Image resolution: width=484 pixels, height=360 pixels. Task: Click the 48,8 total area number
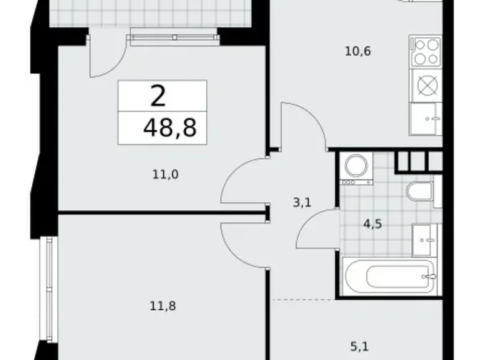point(169,128)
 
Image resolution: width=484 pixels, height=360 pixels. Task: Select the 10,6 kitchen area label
point(357,52)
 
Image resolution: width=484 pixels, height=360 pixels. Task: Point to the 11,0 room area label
point(165,174)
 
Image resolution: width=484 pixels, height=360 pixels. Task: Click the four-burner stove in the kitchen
point(426,52)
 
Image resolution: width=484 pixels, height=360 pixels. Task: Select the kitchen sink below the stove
point(426,119)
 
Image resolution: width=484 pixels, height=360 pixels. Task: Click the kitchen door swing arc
point(303,124)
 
